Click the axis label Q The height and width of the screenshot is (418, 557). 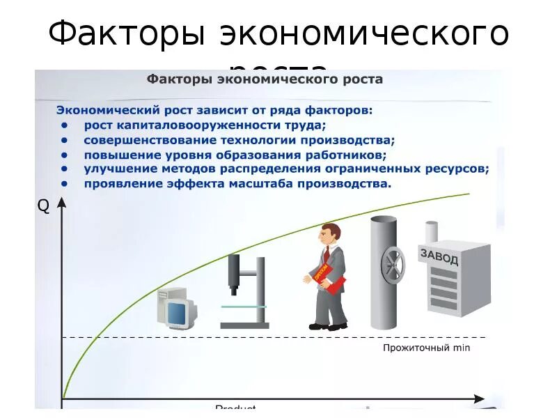click(43, 206)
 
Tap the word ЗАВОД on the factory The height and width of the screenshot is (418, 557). click(439, 256)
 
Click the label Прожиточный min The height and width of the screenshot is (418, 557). click(427, 347)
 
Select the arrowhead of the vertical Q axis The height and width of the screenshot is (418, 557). click(62, 203)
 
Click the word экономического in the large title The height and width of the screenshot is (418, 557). click(364, 34)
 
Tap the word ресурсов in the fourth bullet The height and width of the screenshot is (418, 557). click(456, 169)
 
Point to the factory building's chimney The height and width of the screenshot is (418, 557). click(432, 231)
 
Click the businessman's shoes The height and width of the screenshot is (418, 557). click(328, 325)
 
